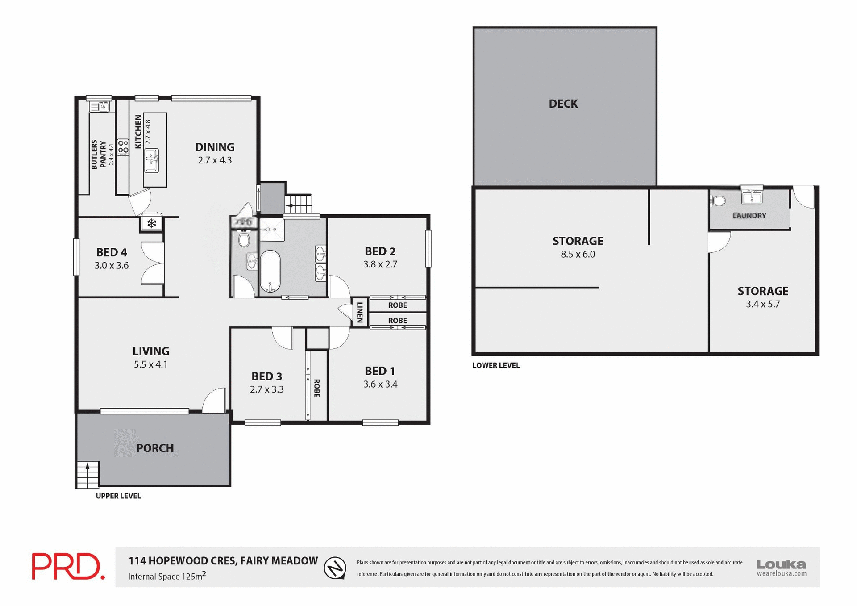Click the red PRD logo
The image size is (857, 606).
pos(68,566)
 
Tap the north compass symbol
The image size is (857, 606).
pos(335,568)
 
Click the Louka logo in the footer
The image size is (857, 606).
pos(781,567)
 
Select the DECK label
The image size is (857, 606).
pos(563,104)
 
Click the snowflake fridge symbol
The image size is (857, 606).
pos(152,223)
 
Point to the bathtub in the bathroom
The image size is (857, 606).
pos(270,271)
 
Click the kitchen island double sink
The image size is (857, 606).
pos(151,160)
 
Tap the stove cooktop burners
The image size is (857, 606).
pos(123,147)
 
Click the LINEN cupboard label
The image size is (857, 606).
pos(359,312)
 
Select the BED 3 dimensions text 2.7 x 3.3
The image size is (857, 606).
pos(266,389)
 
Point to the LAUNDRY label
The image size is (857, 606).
pos(749,216)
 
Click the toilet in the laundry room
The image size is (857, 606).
pos(718,201)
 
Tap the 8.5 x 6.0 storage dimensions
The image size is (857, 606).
pos(578,255)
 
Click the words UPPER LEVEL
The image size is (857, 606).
pos(118,496)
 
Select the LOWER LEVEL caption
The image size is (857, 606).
pos(496,365)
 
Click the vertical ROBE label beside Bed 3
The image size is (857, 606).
pos(317,388)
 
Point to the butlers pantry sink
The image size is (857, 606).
pos(100,106)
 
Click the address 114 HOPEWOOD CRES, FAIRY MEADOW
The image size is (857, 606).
pos(223,561)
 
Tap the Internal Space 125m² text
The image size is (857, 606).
pos(167,576)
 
